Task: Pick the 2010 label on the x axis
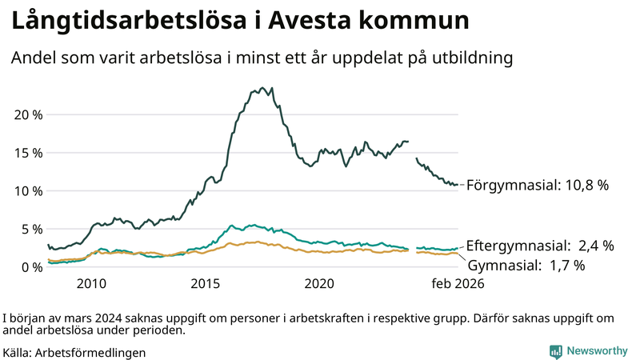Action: point(91,284)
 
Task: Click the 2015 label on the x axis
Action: point(206,284)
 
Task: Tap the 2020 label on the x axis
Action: point(320,284)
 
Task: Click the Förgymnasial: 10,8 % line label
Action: point(538,185)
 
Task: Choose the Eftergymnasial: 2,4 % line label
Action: point(540,246)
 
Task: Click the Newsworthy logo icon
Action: point(555,350)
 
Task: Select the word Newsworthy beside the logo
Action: point(597,350)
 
